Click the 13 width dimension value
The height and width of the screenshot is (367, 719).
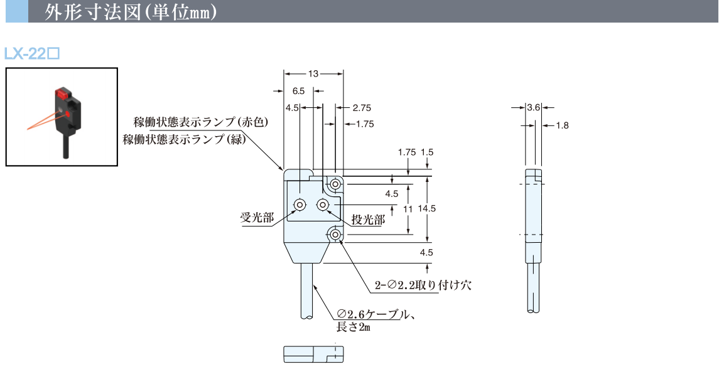tap(313, 74)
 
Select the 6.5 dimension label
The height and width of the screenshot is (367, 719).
tap(298, 91)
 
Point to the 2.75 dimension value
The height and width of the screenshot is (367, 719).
tap(362, 107)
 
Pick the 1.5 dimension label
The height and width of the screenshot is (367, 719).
tap(427, 152)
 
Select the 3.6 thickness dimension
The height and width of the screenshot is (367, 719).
tap(534, 107)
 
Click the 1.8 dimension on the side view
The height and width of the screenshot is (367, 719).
tap(562, 125)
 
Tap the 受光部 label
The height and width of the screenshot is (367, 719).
tap(257, 218)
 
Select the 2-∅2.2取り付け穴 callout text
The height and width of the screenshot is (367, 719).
tap(423, 285)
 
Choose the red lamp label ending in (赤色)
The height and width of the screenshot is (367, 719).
tap(200, 122)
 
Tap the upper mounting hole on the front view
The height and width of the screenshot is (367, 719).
tap(336, 184)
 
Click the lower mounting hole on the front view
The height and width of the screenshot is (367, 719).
tap(336, 235)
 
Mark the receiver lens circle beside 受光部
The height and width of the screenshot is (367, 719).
tap(300, 205)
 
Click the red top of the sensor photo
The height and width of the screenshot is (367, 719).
tap(62, 95)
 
